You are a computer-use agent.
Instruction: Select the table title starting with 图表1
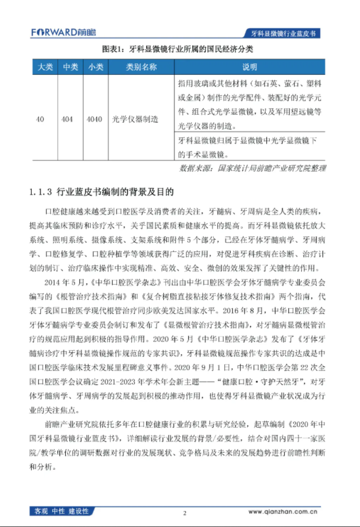177,50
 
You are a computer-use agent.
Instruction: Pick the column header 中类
70,68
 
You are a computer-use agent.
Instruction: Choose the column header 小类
95,68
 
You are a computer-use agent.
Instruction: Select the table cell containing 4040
95,120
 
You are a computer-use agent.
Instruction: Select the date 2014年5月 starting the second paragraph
64,281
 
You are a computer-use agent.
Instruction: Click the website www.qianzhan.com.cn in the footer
281,512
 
